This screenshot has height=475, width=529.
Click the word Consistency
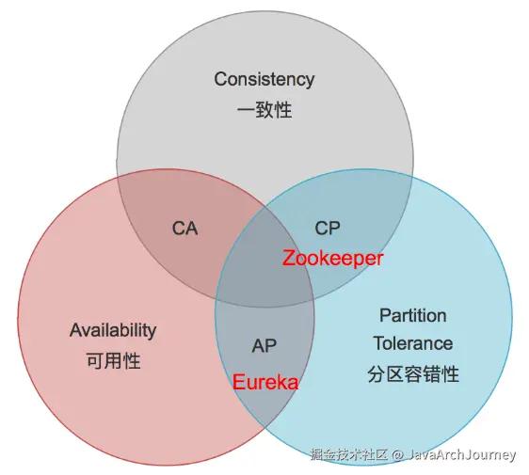(264, 80)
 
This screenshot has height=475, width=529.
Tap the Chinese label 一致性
(264, 110)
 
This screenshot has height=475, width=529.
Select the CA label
(184, 229)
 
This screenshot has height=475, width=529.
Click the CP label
(328, 229)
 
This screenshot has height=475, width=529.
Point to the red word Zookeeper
(333, 259)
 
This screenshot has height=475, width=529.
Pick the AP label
(264, 346)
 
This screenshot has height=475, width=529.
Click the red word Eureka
(265, 382)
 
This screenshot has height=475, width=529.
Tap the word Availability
(113, 330)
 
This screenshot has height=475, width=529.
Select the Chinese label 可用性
(113, 360)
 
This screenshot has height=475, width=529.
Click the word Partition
(413, 315)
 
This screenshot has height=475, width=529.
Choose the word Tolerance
(413, 343)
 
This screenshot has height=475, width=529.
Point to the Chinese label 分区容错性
(413, 373)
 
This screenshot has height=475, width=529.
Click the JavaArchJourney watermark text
(462, 454)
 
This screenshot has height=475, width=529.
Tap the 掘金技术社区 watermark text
(349, 454)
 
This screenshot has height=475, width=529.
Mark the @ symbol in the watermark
(398, 454)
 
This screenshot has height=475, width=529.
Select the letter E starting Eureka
(238, 382)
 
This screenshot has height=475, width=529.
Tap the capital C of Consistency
(221, 79)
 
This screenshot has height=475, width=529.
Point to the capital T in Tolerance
(379, 343)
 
